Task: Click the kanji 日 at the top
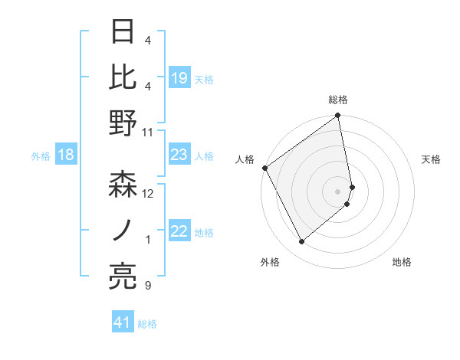point(123,33)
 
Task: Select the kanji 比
point(123,77)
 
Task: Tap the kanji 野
point(123,123)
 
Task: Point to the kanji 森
point(123,185)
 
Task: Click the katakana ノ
point(123,230)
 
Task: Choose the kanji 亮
point(123,277)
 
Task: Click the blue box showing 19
point(179,77)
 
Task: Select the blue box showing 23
point(179,155)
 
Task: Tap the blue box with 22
point(179,232)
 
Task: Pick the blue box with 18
point(65,155)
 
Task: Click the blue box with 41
point(123,322)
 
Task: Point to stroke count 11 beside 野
point(148,132)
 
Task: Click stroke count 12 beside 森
point(148,194)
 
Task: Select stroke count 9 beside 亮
point(148,286)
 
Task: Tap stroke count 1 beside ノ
point(148,240)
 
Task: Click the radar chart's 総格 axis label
point(337,100)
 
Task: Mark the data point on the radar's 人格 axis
point(264,168)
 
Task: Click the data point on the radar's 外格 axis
point(302,242)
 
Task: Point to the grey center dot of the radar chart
point(337,191)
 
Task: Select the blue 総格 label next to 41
point(147,324)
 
